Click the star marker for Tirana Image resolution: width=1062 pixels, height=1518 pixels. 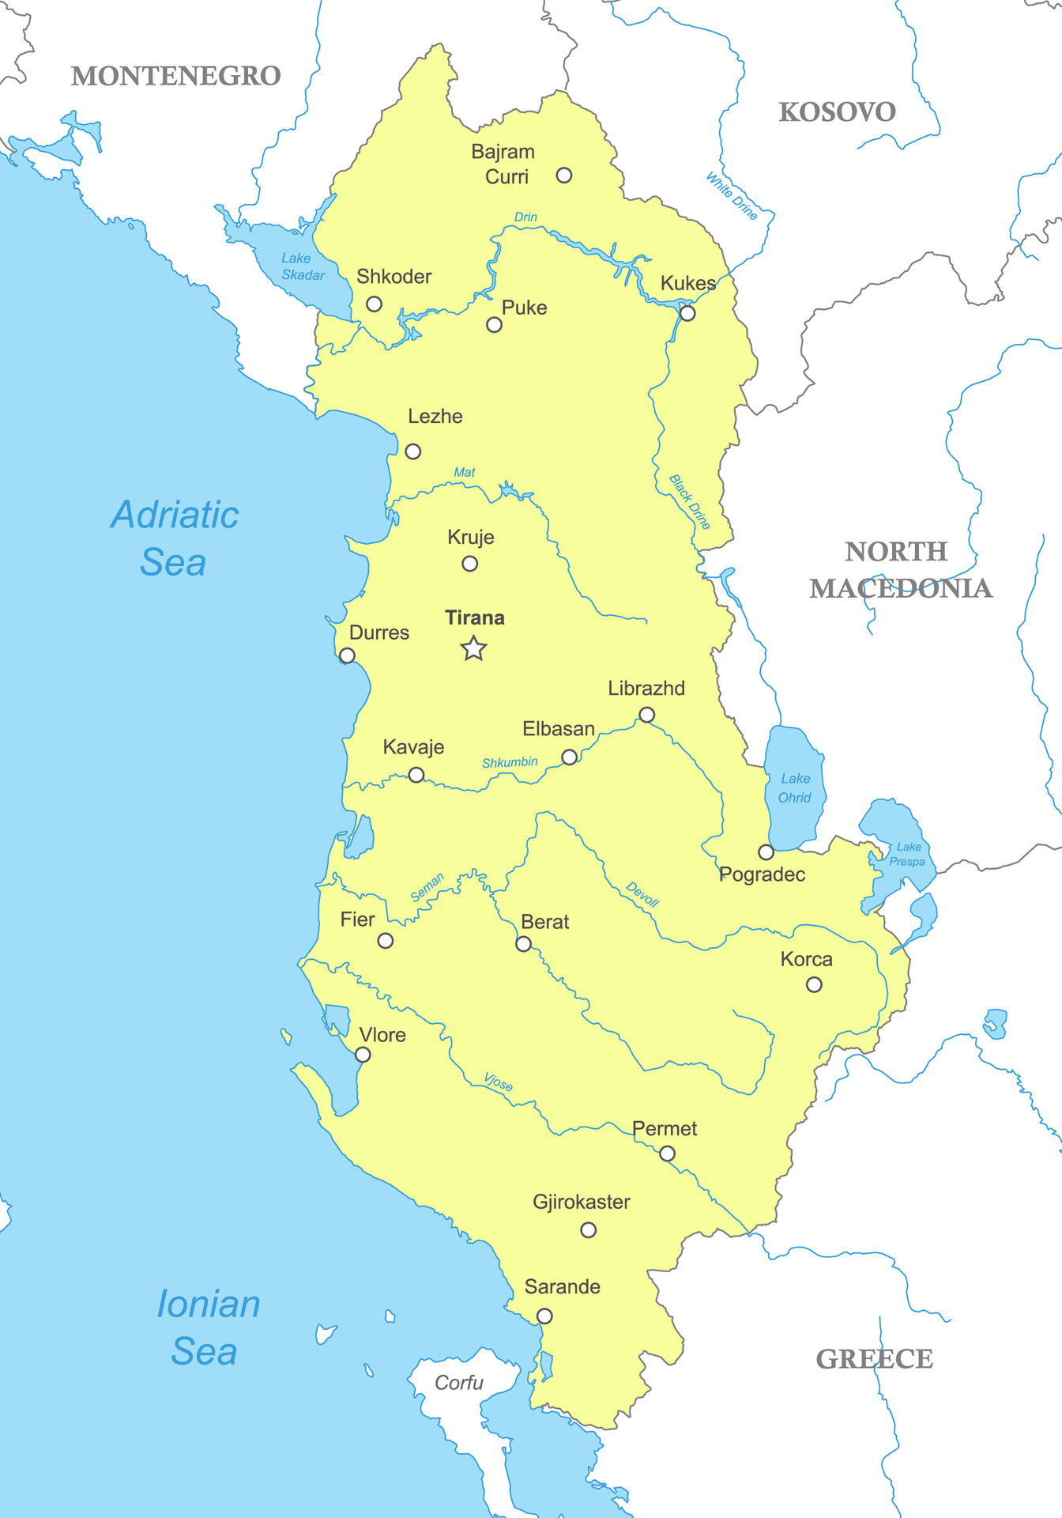coord(473,648)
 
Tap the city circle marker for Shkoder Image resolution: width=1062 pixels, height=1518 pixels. coord(375,304)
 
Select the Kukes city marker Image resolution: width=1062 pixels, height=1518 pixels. coord(687,313)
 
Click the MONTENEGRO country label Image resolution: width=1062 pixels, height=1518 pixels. coord(176,76)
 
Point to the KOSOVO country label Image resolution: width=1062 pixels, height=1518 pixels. coord(837,112)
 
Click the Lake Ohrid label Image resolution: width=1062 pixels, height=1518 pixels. coord(795,788)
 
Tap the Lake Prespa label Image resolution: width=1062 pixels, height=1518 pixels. coord(908,854)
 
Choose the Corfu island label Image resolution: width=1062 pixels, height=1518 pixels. coord(459,1382)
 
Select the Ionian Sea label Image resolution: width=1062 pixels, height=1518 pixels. coord(207,1327)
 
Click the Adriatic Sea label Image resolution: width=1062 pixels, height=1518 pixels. coord(175,538)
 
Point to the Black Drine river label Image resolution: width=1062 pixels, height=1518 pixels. coord(690,501)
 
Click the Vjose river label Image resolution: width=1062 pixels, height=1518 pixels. coord(499,1082)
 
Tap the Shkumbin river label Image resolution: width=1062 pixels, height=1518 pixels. coord(510,762)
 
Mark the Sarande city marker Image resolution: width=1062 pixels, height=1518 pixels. coord(544,1316)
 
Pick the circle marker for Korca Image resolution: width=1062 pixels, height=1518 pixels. coord(814,984)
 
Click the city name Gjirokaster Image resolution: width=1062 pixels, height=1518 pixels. coord(582,1202)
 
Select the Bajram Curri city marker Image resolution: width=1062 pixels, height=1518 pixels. coord(563,176)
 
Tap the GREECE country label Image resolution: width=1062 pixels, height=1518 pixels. coord(874,1359)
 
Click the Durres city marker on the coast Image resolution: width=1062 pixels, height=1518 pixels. coord(347,655)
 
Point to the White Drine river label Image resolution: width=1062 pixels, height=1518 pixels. coord(732,195)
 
